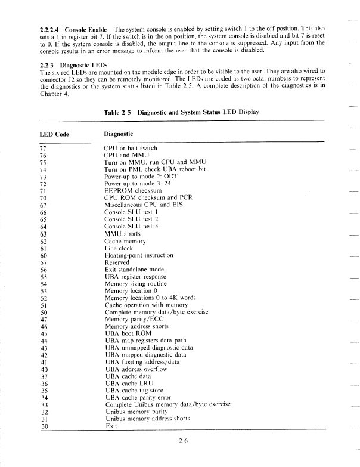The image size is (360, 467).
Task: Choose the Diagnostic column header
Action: tap(119, 134)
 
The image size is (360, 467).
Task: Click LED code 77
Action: tap(43, 148)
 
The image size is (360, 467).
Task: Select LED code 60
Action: tap(43, 255)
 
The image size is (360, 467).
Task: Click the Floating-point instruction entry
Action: tap(138, 255)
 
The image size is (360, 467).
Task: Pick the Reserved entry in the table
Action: tap(117, 262)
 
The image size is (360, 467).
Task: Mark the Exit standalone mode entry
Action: tap(135, 269)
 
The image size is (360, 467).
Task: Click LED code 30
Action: tap(43, 426)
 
